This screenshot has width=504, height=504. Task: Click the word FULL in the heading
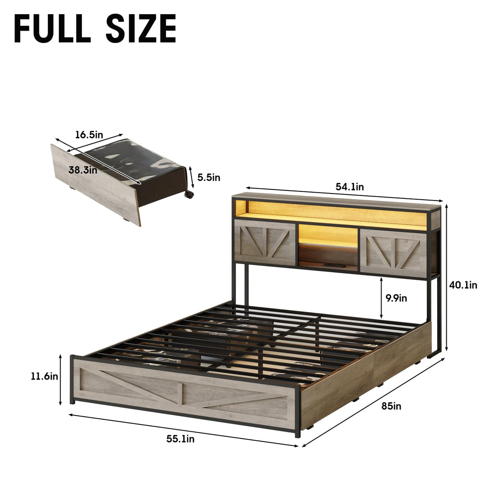tap(53, 28)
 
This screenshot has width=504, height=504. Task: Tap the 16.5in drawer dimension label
tap(89, 135)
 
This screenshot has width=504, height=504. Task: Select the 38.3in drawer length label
tap(83, 170)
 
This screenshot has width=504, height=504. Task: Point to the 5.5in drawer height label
tap(209, 178)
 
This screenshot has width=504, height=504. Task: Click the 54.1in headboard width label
tap(350, 187)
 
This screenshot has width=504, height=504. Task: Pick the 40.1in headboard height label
tap(463, 285)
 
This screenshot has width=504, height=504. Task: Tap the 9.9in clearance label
tap(396, 298)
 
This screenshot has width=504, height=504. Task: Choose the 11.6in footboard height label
tap(44, 377)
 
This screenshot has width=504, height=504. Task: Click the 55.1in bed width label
tap(181, 439)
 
